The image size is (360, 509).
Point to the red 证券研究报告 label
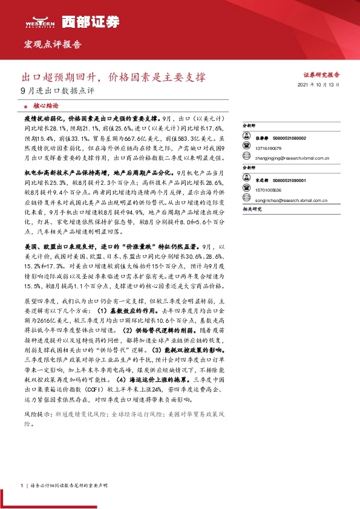tap(321, 75)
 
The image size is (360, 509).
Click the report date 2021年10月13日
tap(319, 86)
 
